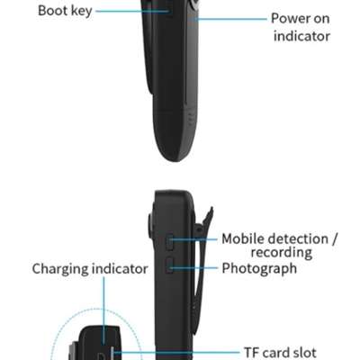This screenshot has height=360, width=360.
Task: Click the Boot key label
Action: tap(65, 11)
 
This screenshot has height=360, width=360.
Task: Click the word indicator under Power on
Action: tap(301, 36)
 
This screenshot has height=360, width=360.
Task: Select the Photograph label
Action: tap(259, 268)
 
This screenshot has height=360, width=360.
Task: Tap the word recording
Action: tap(282, 253)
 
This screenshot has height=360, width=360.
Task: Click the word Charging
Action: tap(60, 269)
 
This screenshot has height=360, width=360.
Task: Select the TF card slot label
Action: tap(280, 353)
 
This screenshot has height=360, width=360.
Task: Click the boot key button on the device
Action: tap(170, 9)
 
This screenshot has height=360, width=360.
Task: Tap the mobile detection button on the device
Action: tap(170, 242)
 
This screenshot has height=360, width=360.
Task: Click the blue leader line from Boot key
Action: tap(132, 12)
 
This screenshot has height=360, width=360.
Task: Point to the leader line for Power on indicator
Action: tap(230, 19)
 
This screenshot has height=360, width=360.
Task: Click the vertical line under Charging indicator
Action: tap(104, 310)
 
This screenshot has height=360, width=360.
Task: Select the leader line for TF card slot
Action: tap(176, 353)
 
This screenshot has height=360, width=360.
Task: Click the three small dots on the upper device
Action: tap(190, 119)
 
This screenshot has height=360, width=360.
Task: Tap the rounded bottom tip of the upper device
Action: tap(175, 159)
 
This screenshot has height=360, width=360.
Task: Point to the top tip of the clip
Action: tap(211, 208)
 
